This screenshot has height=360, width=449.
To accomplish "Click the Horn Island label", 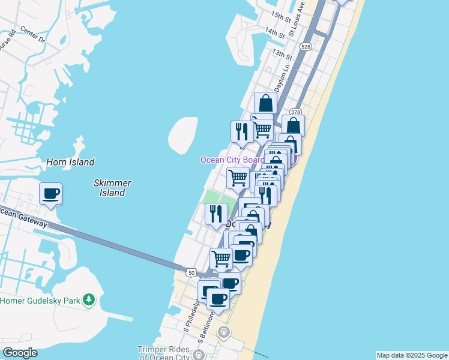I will coord(70,162).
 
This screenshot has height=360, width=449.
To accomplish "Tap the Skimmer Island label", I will coord(112,188).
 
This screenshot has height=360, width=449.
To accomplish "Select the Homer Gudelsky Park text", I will coord(40,301).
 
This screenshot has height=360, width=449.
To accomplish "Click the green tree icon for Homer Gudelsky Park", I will coord(89,299).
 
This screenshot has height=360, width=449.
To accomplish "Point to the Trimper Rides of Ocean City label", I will coord(163,353).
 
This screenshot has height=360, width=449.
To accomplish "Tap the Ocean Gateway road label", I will coord(23,217).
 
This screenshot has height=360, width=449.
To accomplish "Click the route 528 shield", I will coord(306,46).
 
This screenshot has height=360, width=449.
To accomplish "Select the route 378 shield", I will coord(295,112).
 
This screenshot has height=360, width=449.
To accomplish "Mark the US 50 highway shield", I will coord(190,272).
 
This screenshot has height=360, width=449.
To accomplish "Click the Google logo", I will coord(20,353).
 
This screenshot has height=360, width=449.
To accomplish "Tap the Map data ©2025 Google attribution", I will coord(412,355).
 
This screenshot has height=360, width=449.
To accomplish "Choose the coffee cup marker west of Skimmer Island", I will coord(50,194).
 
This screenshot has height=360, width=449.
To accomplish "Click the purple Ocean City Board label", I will coord(232,160).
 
